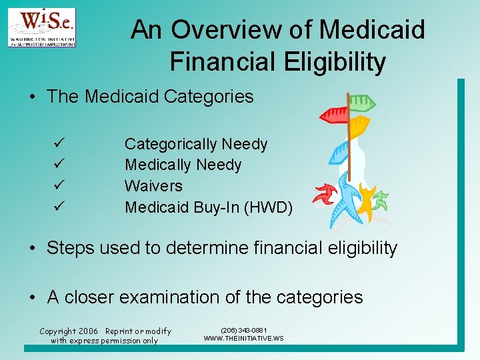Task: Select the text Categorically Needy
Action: point(196,144)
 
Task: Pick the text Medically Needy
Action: point(183,165)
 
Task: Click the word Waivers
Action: point(153,185)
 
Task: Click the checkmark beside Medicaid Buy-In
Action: point(59,207)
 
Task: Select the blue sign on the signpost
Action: point(339,151)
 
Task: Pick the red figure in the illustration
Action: point(325,194)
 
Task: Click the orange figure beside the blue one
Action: point(366,201)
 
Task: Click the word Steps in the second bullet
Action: point(71,249)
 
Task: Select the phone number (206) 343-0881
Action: point(244,330)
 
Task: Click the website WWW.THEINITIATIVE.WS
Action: point(243,339)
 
